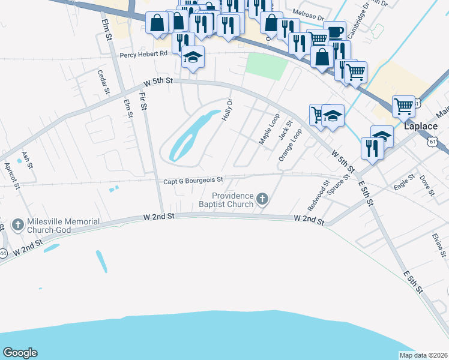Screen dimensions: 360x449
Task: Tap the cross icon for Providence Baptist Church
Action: pos(262,199)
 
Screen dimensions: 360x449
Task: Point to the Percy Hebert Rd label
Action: pos(143,54)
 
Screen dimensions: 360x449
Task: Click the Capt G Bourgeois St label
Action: pos(193,179)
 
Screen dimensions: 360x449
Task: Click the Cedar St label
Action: pos(103,82)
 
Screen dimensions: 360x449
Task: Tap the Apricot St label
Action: pos(12,175)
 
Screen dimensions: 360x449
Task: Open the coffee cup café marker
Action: pos(334,31)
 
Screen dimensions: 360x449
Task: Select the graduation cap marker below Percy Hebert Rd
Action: pos(193,57)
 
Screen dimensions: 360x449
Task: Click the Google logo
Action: pos(20,353)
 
